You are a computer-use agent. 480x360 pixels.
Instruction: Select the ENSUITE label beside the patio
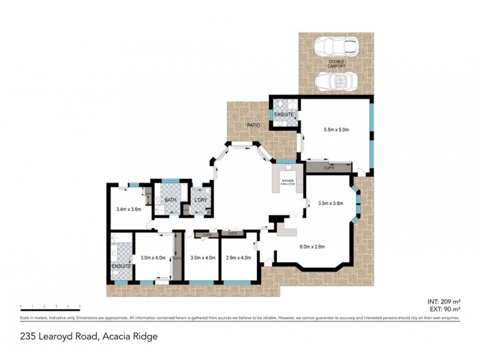(x=283, y=114)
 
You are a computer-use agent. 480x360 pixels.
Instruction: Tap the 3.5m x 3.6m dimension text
(x=330, y=203)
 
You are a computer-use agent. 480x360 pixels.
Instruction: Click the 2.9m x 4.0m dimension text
(x=239, y=257)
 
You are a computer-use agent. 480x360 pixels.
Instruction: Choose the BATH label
(x=170, y=200)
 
